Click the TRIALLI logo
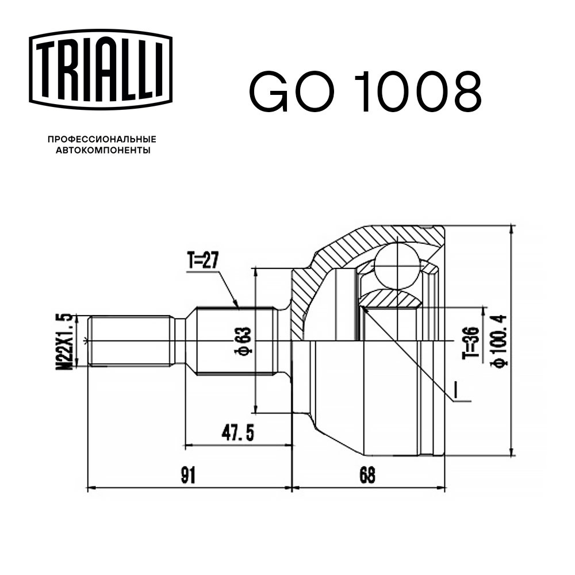click(101, 70)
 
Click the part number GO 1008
click(365, 92)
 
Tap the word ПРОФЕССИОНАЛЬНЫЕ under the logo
click(102, 139)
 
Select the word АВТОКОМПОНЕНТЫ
click(103, 150)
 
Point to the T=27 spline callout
click(203, 260)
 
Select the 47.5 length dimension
click(237, 433)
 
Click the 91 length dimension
click(188, 476)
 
